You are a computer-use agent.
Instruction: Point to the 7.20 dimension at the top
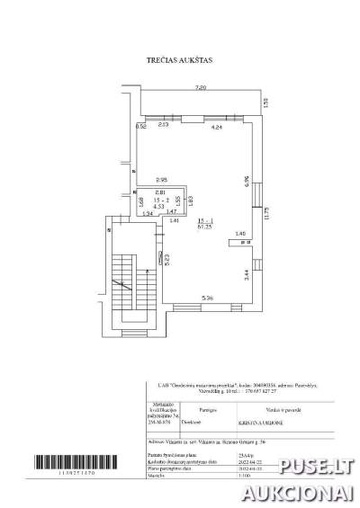(202, 87)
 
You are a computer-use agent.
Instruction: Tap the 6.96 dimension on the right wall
(247, 179)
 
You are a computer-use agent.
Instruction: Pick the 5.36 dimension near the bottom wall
(206, 298)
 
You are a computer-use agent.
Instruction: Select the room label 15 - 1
(204, 218)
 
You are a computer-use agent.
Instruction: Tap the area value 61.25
(204, 226)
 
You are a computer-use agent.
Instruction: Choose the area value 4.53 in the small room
(158, 206)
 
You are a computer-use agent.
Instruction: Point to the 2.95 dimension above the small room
(162, 179)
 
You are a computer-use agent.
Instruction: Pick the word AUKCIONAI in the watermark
(304, 492)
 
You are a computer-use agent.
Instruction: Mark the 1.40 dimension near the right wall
(239, 234)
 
